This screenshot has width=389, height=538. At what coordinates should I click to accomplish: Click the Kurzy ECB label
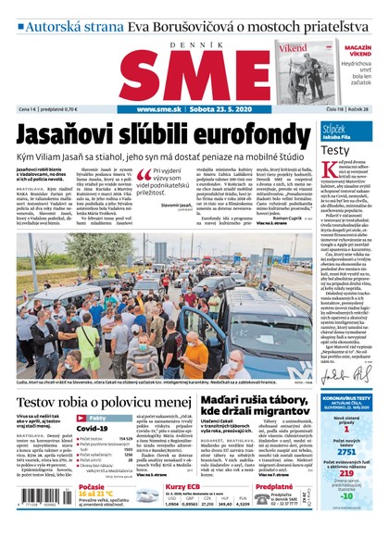(182, 486)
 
